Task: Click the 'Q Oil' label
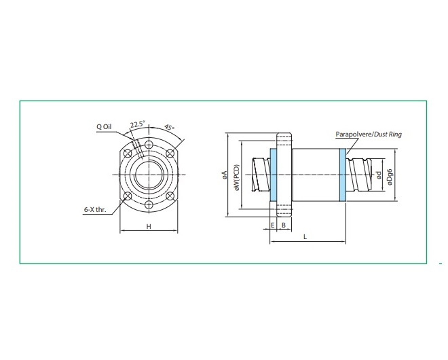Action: [104, 126]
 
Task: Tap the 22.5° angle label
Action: [138, 124]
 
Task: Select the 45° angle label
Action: [170, 127]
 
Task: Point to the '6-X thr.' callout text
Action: [95, 210]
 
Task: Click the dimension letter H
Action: [149, 227]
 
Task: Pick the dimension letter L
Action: [305, 237]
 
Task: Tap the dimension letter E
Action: [273, 226]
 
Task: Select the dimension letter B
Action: [284, 226]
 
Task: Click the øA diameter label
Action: [224, 175]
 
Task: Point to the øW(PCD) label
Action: [237, 177]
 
